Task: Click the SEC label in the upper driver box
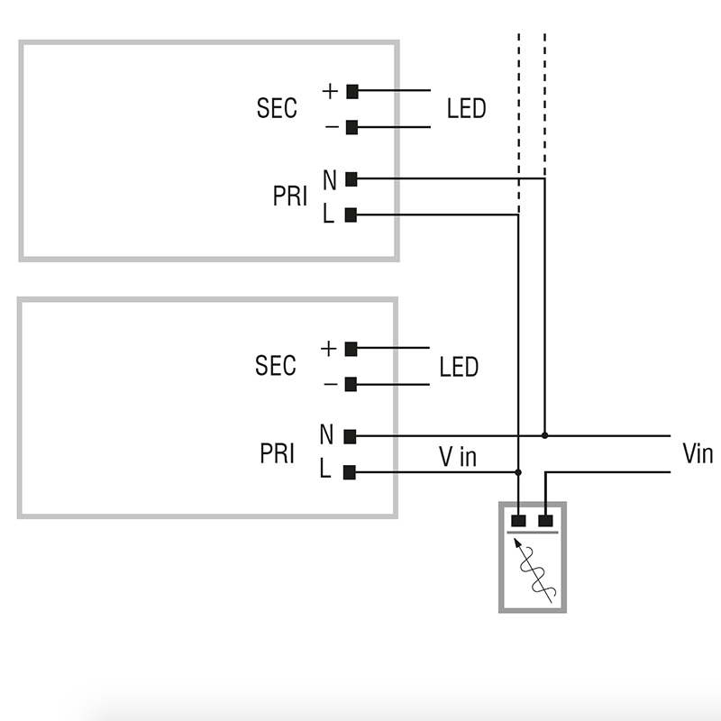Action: [x=277, y=109]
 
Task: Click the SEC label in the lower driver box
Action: [x=275, y=366]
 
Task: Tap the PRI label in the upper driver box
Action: [x=290, y=196]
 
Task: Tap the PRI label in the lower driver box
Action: [x=278, y=453]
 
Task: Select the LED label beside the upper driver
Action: [x=466, y=109]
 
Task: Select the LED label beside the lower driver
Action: [x=459, y=367]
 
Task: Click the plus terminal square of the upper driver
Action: [x=352, y=91]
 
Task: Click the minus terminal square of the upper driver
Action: [x=352, y=127]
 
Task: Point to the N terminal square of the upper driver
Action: [x=351, y=179]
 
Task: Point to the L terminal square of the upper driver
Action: [x=351, y=214]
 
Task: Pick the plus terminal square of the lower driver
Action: [x=351, y=348]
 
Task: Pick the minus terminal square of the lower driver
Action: [x=351, y=384]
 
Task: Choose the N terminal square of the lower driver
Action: [x=351, y=435]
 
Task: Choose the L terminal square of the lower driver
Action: [x=351, y=471]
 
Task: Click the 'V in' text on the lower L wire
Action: [x=458, y=457]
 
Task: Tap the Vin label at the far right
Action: [x=697, y=453]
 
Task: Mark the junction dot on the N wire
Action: [x=544, y=435]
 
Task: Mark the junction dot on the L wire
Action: [x=518, y=471]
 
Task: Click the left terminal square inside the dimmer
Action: [x=518, y=520]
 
